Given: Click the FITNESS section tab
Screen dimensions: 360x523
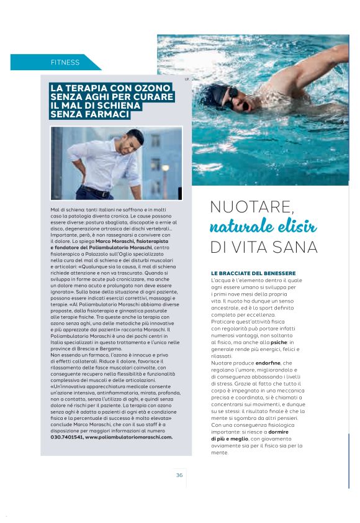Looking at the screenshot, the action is [65, 62].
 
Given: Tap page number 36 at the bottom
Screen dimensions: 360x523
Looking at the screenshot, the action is [179, 475].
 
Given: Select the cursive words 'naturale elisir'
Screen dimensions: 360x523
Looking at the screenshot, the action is [263, 226].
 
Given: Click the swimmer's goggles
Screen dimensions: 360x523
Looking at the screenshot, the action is [231, 95].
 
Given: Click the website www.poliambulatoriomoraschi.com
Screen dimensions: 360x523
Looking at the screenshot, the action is [129, 437].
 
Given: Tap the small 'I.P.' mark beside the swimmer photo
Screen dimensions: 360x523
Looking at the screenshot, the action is [186, 80].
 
